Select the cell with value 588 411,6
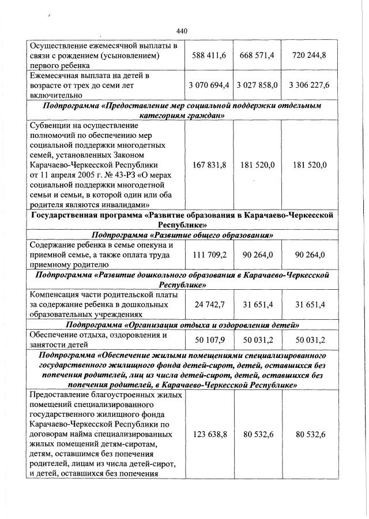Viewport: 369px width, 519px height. click(209, 55)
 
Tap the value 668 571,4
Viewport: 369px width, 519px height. click(257, 55)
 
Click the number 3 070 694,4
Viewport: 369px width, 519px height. click(209, 85)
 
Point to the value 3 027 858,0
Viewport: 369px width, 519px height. click(257, 85)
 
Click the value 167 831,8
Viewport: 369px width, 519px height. click(209, 165)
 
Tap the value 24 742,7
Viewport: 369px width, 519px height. click(209, 304)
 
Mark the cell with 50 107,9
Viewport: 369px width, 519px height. click(209, 339)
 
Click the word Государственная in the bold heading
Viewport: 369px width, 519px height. click(65, 215)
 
